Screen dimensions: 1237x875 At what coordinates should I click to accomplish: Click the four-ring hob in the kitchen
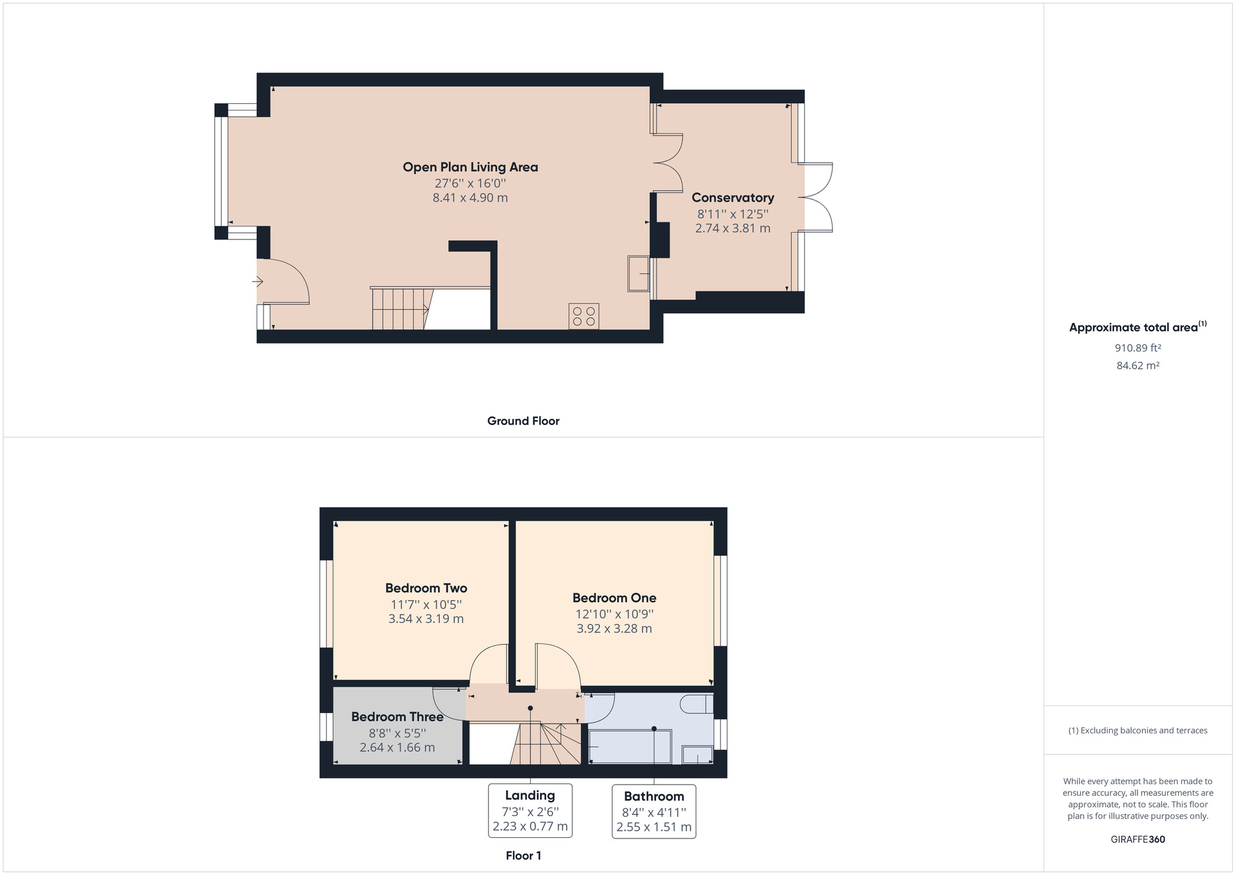[x=584, y=316]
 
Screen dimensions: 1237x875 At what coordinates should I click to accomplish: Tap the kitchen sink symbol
[x=638, y=274]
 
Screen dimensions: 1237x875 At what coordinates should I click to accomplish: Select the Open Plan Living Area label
[x=470, y=167]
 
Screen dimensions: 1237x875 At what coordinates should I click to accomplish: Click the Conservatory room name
[x=733, y=197]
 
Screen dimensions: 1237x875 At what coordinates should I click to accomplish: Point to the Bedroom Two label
[x=426, y=588]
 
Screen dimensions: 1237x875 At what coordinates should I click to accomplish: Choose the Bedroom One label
[x=614, y=598]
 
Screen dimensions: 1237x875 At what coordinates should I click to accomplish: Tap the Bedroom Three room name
[x=397, y=717]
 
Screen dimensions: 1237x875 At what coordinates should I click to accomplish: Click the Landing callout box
[x=530, y=811]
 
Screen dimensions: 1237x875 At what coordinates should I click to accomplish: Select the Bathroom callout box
[x=654, y=811]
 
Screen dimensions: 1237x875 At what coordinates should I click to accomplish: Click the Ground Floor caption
[x=523, y=421]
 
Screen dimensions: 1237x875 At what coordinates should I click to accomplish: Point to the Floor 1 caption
[x=523, y=856]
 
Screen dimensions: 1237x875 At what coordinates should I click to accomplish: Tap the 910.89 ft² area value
[x=1138, y=348]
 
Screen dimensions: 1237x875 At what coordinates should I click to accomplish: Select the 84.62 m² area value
[x=1138, y=366]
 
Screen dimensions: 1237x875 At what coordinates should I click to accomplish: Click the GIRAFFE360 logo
[x=1138, y=840]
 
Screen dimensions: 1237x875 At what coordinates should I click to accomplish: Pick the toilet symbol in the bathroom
[x=696, y=704]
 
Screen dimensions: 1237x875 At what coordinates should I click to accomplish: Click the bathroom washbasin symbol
[x=697, y=755]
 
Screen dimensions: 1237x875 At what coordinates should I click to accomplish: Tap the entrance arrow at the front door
[x=258, y=282]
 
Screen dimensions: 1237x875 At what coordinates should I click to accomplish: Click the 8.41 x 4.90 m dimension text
[x=470, y=198]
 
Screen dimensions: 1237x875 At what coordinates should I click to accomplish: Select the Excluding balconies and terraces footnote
[x=1138, y=731]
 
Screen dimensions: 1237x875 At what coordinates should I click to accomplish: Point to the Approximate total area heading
[x=1138, y=327]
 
